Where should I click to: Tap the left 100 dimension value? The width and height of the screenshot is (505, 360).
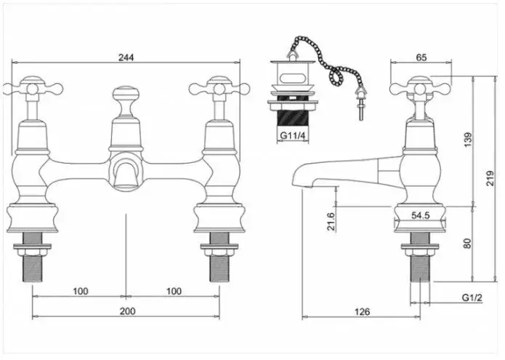coord(80,291)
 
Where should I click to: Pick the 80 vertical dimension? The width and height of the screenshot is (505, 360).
coord(468,242)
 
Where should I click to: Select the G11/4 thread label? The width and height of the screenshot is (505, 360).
coord(291,135)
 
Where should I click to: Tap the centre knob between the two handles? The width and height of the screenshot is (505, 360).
coord(126,95)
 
